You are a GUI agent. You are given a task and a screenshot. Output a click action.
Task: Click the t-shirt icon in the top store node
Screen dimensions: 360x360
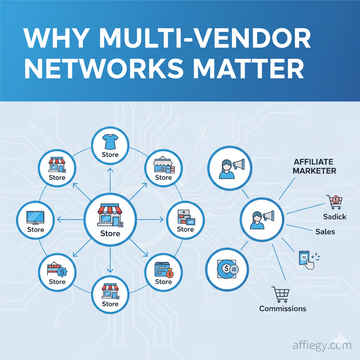click(110, 142)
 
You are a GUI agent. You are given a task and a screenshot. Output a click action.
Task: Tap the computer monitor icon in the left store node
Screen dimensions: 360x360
click(36, 218)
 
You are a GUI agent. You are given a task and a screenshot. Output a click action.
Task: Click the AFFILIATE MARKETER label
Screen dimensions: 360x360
click(315, 167)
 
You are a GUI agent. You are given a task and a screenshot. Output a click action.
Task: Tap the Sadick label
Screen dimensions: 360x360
click(335, 217)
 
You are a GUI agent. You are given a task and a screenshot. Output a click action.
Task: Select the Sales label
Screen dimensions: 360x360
click(325, 232)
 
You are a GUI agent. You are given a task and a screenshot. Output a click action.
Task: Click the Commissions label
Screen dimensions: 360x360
click(283, 309)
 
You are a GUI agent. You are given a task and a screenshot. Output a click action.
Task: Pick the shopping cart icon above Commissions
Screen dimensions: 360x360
click(281, 294)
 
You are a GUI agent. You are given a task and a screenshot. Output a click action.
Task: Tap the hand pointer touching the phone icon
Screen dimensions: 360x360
click(309, 264)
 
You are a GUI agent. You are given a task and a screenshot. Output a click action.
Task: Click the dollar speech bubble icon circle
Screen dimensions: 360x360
click(228, 269)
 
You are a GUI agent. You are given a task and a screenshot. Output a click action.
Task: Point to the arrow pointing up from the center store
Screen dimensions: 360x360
click(110, 171)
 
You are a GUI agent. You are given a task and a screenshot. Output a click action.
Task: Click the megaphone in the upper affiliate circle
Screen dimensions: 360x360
click(238, 164)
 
